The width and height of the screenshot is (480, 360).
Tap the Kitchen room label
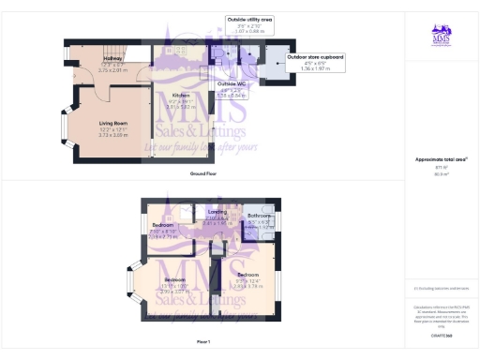(x=181, y=96)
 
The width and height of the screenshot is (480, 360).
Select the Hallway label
(x=113, y=58)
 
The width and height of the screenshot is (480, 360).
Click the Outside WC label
(x=232, y=83)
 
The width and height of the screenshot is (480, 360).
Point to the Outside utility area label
(x=248, y=18)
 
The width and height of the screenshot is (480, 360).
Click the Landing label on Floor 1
(x=217, y=212)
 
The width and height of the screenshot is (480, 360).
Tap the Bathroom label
(x=260, y=216)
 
